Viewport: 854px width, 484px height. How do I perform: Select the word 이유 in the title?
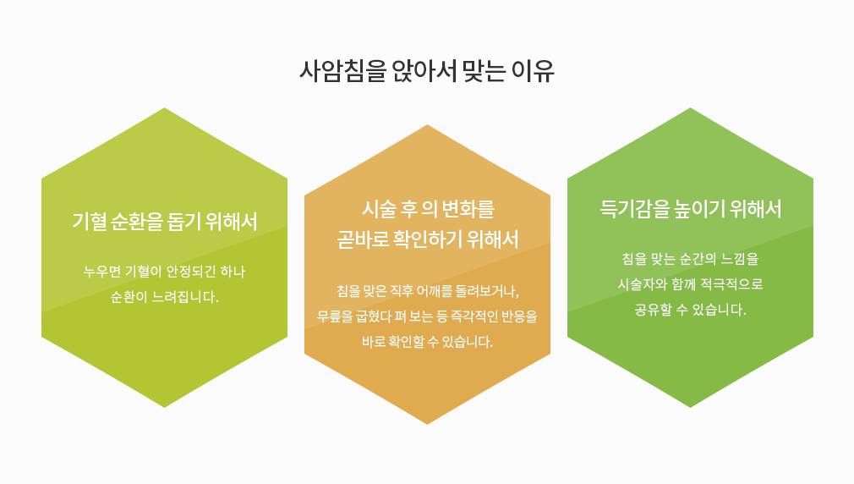point(533,71)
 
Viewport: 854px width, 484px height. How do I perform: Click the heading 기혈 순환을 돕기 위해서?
point(165,222)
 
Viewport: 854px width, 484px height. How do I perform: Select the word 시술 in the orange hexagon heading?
point(379,209)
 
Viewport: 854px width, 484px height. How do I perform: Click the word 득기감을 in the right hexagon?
point(634,209)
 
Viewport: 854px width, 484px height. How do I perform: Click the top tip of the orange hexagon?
point(427,125)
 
